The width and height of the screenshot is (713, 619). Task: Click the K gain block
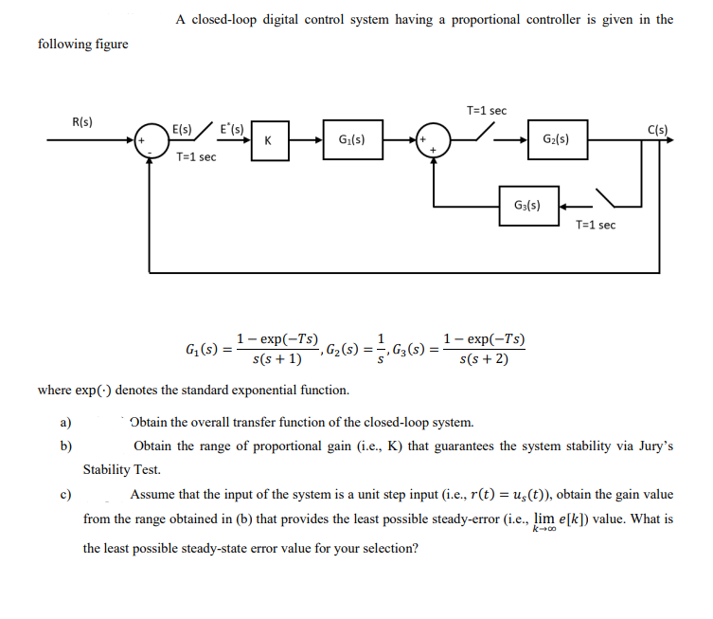click(x=270, y=141)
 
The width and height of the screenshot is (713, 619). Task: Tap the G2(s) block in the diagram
click(x=557, y=140)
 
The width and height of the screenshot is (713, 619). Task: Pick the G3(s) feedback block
click(x=526, y=205)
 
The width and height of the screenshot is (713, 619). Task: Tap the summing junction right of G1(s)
click(x=435, y=140)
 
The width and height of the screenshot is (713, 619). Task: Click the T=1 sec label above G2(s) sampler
click(x=487, y=111)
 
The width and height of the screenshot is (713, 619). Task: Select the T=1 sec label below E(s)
click(x=196, y=156)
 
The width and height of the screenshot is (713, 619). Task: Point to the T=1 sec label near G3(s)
click(x=596, y=225)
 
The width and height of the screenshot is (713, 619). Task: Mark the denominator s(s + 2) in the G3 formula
click(x=482, y=359)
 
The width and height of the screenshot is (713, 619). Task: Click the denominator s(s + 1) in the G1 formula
click(x=277, y=359)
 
